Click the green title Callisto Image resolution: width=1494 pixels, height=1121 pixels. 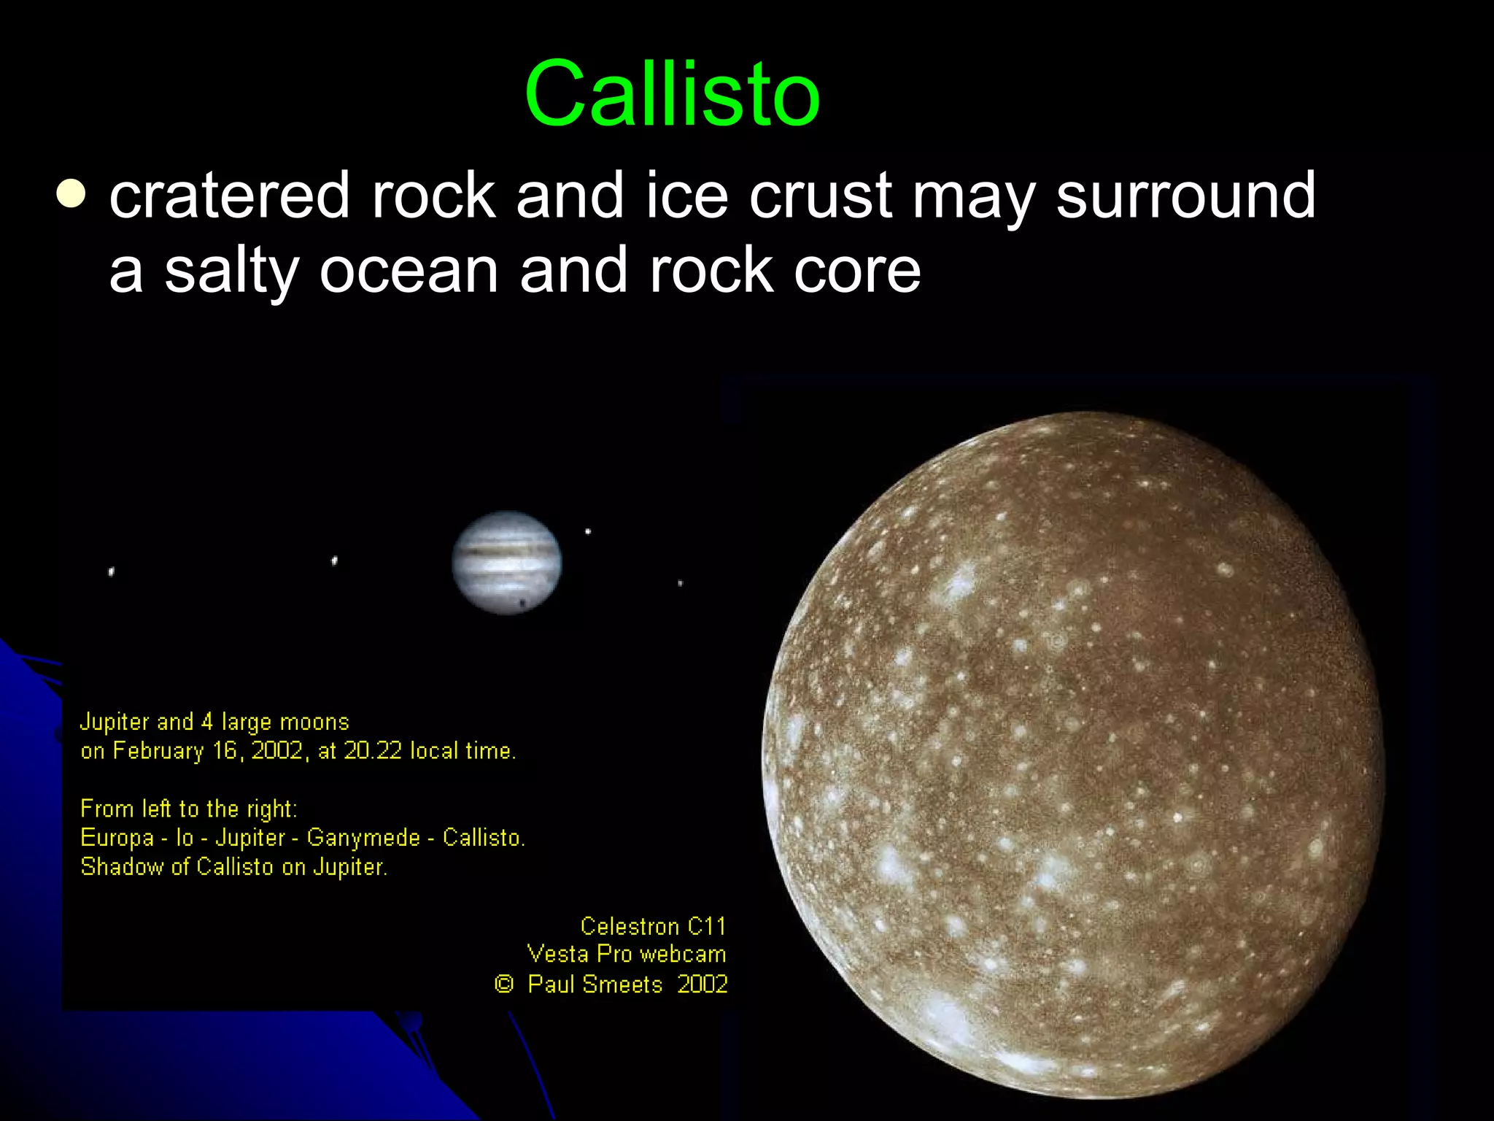(672, 95)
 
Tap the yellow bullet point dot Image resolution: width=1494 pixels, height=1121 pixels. (71, 194)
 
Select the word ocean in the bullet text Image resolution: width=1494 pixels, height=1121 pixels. (409, 271)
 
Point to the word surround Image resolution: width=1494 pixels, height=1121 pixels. (1185, 196)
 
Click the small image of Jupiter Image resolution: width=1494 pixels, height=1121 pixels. (507, 562)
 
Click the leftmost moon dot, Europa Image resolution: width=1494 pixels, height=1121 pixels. (111, 571)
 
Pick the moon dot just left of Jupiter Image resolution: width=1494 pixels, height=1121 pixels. (334, 560)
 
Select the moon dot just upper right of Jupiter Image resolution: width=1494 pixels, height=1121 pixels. (588, 531)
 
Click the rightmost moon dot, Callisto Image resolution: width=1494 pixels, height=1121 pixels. (680, 583)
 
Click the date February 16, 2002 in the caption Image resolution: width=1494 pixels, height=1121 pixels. (207, 751)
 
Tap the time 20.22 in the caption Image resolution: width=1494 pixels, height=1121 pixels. (372, 751)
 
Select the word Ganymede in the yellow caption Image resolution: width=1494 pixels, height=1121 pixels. (363, 838)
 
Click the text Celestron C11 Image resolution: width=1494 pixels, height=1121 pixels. (653, 926)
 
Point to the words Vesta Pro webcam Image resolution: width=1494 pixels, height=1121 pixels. (626, 955)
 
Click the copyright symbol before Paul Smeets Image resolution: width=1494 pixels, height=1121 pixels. (503, 984)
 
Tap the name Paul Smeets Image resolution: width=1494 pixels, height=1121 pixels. (595, 985)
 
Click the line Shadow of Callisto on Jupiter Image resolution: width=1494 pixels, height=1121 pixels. (233, 867)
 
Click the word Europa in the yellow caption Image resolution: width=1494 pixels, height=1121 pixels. (117, 838)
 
